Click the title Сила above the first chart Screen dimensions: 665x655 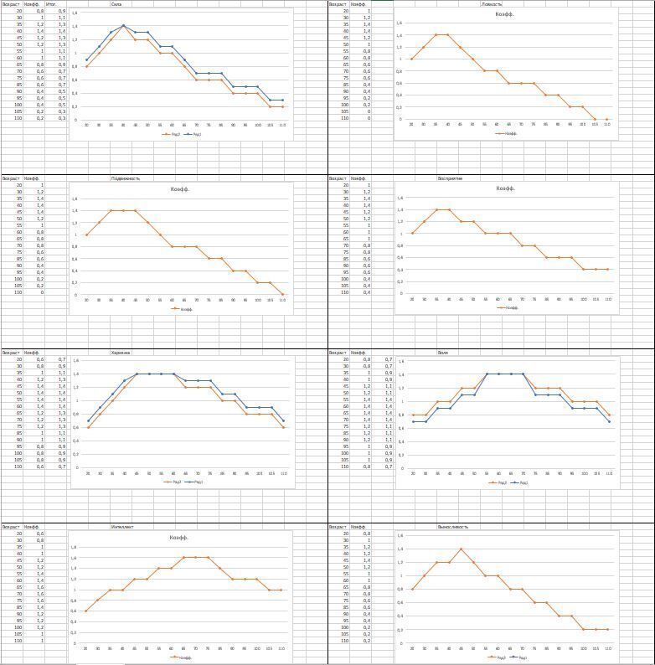116,4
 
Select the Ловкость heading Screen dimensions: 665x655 492,4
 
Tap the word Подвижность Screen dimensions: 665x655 126,178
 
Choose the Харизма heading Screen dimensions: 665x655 121,353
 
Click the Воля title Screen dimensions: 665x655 442,353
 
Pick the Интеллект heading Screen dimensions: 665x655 122,527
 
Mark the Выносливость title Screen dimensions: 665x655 453,527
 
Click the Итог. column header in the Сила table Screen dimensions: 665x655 62,4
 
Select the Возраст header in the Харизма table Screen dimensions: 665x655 11,353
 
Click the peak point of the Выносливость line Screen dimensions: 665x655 461,549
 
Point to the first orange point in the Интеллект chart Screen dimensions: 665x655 86,611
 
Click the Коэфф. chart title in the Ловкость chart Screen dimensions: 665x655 505,14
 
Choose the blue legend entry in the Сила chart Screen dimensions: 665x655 194,134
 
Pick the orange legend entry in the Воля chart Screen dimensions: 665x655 499,482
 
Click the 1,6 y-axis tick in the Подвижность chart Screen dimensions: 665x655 75,199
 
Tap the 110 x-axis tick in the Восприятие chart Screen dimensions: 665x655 608,299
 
